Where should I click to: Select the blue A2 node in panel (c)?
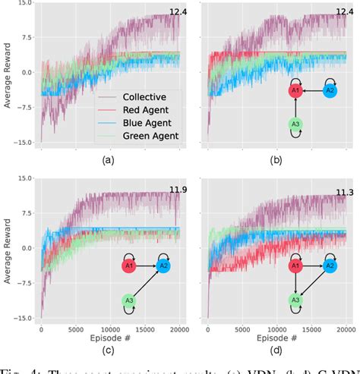point(164,266)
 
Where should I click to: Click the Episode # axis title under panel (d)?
point(276,338)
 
